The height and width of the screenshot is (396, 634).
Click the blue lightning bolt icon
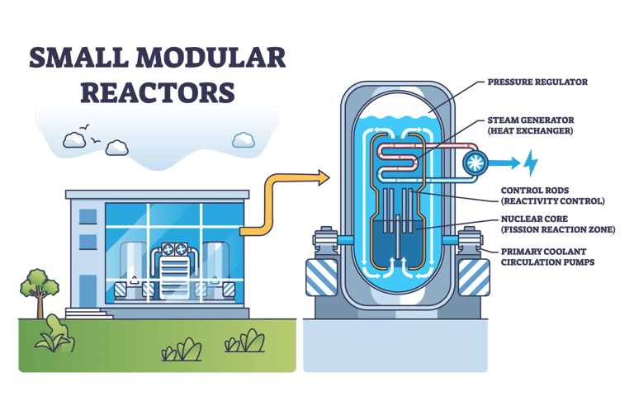point(531,161)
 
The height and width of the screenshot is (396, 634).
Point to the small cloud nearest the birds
point(116,148)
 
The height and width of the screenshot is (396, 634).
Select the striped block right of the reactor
point(474,276)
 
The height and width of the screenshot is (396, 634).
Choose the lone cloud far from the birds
point(244,139)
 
